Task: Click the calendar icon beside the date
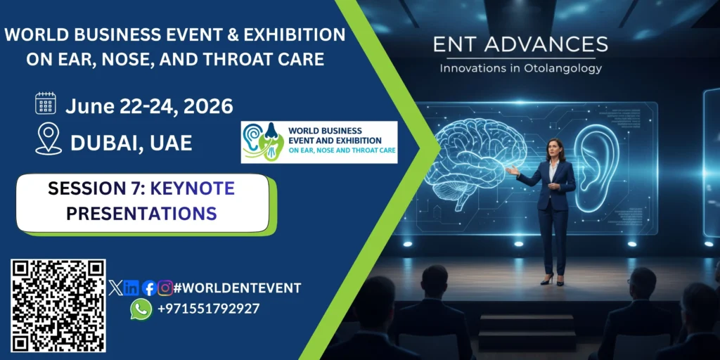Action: pyautogui.click(x=46, y=103)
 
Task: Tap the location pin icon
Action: pyautogui.click(x=49, y=139)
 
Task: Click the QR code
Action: pyautogui.click(x=58, y=306)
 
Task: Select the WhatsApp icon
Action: pyautogui.click(x=141, y=309)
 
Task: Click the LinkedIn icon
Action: pyautogui.click(x=131, y=288)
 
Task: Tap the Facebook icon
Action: pyautogui.click(x=149, y=288)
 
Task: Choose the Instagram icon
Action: pyautogui.click(x=165, y=288)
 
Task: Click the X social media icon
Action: pyautogui.click(x=115, y=288)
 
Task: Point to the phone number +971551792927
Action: pyautogui.click(x=208, y=309)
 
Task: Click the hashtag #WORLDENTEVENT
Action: pyautogui.click(x=238, y=288)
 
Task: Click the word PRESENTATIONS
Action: pyautogui.click(x=141, y=214)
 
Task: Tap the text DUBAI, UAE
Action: pyautogui.click(x=131, y=143)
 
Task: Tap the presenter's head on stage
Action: pyautogui.click(x=555, y=150)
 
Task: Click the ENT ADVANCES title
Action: pyautogui.click(x=521, y=45)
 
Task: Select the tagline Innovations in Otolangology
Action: pyautogui.click(x=521, y=68)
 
